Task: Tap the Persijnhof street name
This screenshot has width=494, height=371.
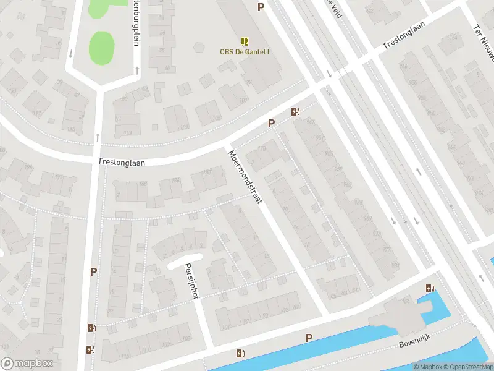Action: point(190,278)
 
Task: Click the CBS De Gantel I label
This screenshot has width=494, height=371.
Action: point(245,52)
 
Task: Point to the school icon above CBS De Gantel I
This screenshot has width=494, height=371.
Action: point(245,41)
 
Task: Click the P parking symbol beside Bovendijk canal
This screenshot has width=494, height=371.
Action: point(309,338)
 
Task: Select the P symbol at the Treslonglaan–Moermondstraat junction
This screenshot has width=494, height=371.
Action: point(271,124)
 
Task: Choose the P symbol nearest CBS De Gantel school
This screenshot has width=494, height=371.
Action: point(261,7)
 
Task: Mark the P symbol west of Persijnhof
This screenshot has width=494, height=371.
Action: point(94,271)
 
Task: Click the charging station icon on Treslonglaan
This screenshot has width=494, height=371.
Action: point(296,112)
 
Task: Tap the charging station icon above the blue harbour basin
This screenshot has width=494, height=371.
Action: point(429,288)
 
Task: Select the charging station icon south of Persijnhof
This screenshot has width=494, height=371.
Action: point(240,354)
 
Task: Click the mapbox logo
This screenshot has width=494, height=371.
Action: point(27,364)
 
